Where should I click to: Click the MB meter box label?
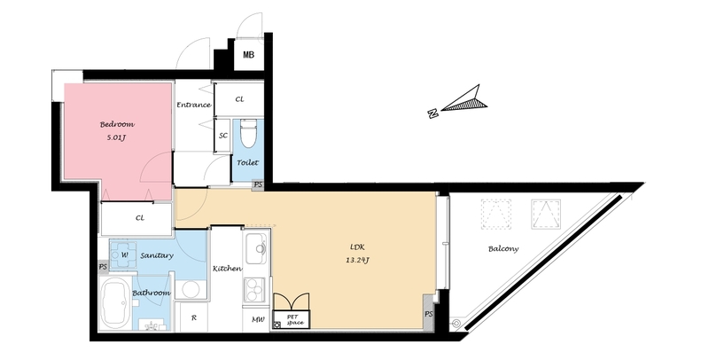point(248,55)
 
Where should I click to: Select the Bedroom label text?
point(117,124)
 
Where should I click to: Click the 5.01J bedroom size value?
point(116,137)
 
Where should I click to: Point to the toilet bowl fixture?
point(248,133)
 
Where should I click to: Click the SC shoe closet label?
point(223,136)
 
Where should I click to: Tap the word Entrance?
point(193,105)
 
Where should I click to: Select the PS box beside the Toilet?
point(258,184)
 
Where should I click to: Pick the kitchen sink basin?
point(258,248)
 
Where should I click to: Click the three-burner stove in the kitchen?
point(255,288)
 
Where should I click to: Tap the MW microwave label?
point(258,320)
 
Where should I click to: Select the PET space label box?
point(292,320)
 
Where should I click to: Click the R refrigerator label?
point(193,318)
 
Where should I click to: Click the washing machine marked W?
point(123,255)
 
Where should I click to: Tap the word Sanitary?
point(157,255)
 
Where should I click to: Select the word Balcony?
point(503,249)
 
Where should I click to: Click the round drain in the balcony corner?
point(456,324)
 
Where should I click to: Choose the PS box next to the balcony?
point(429,313)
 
